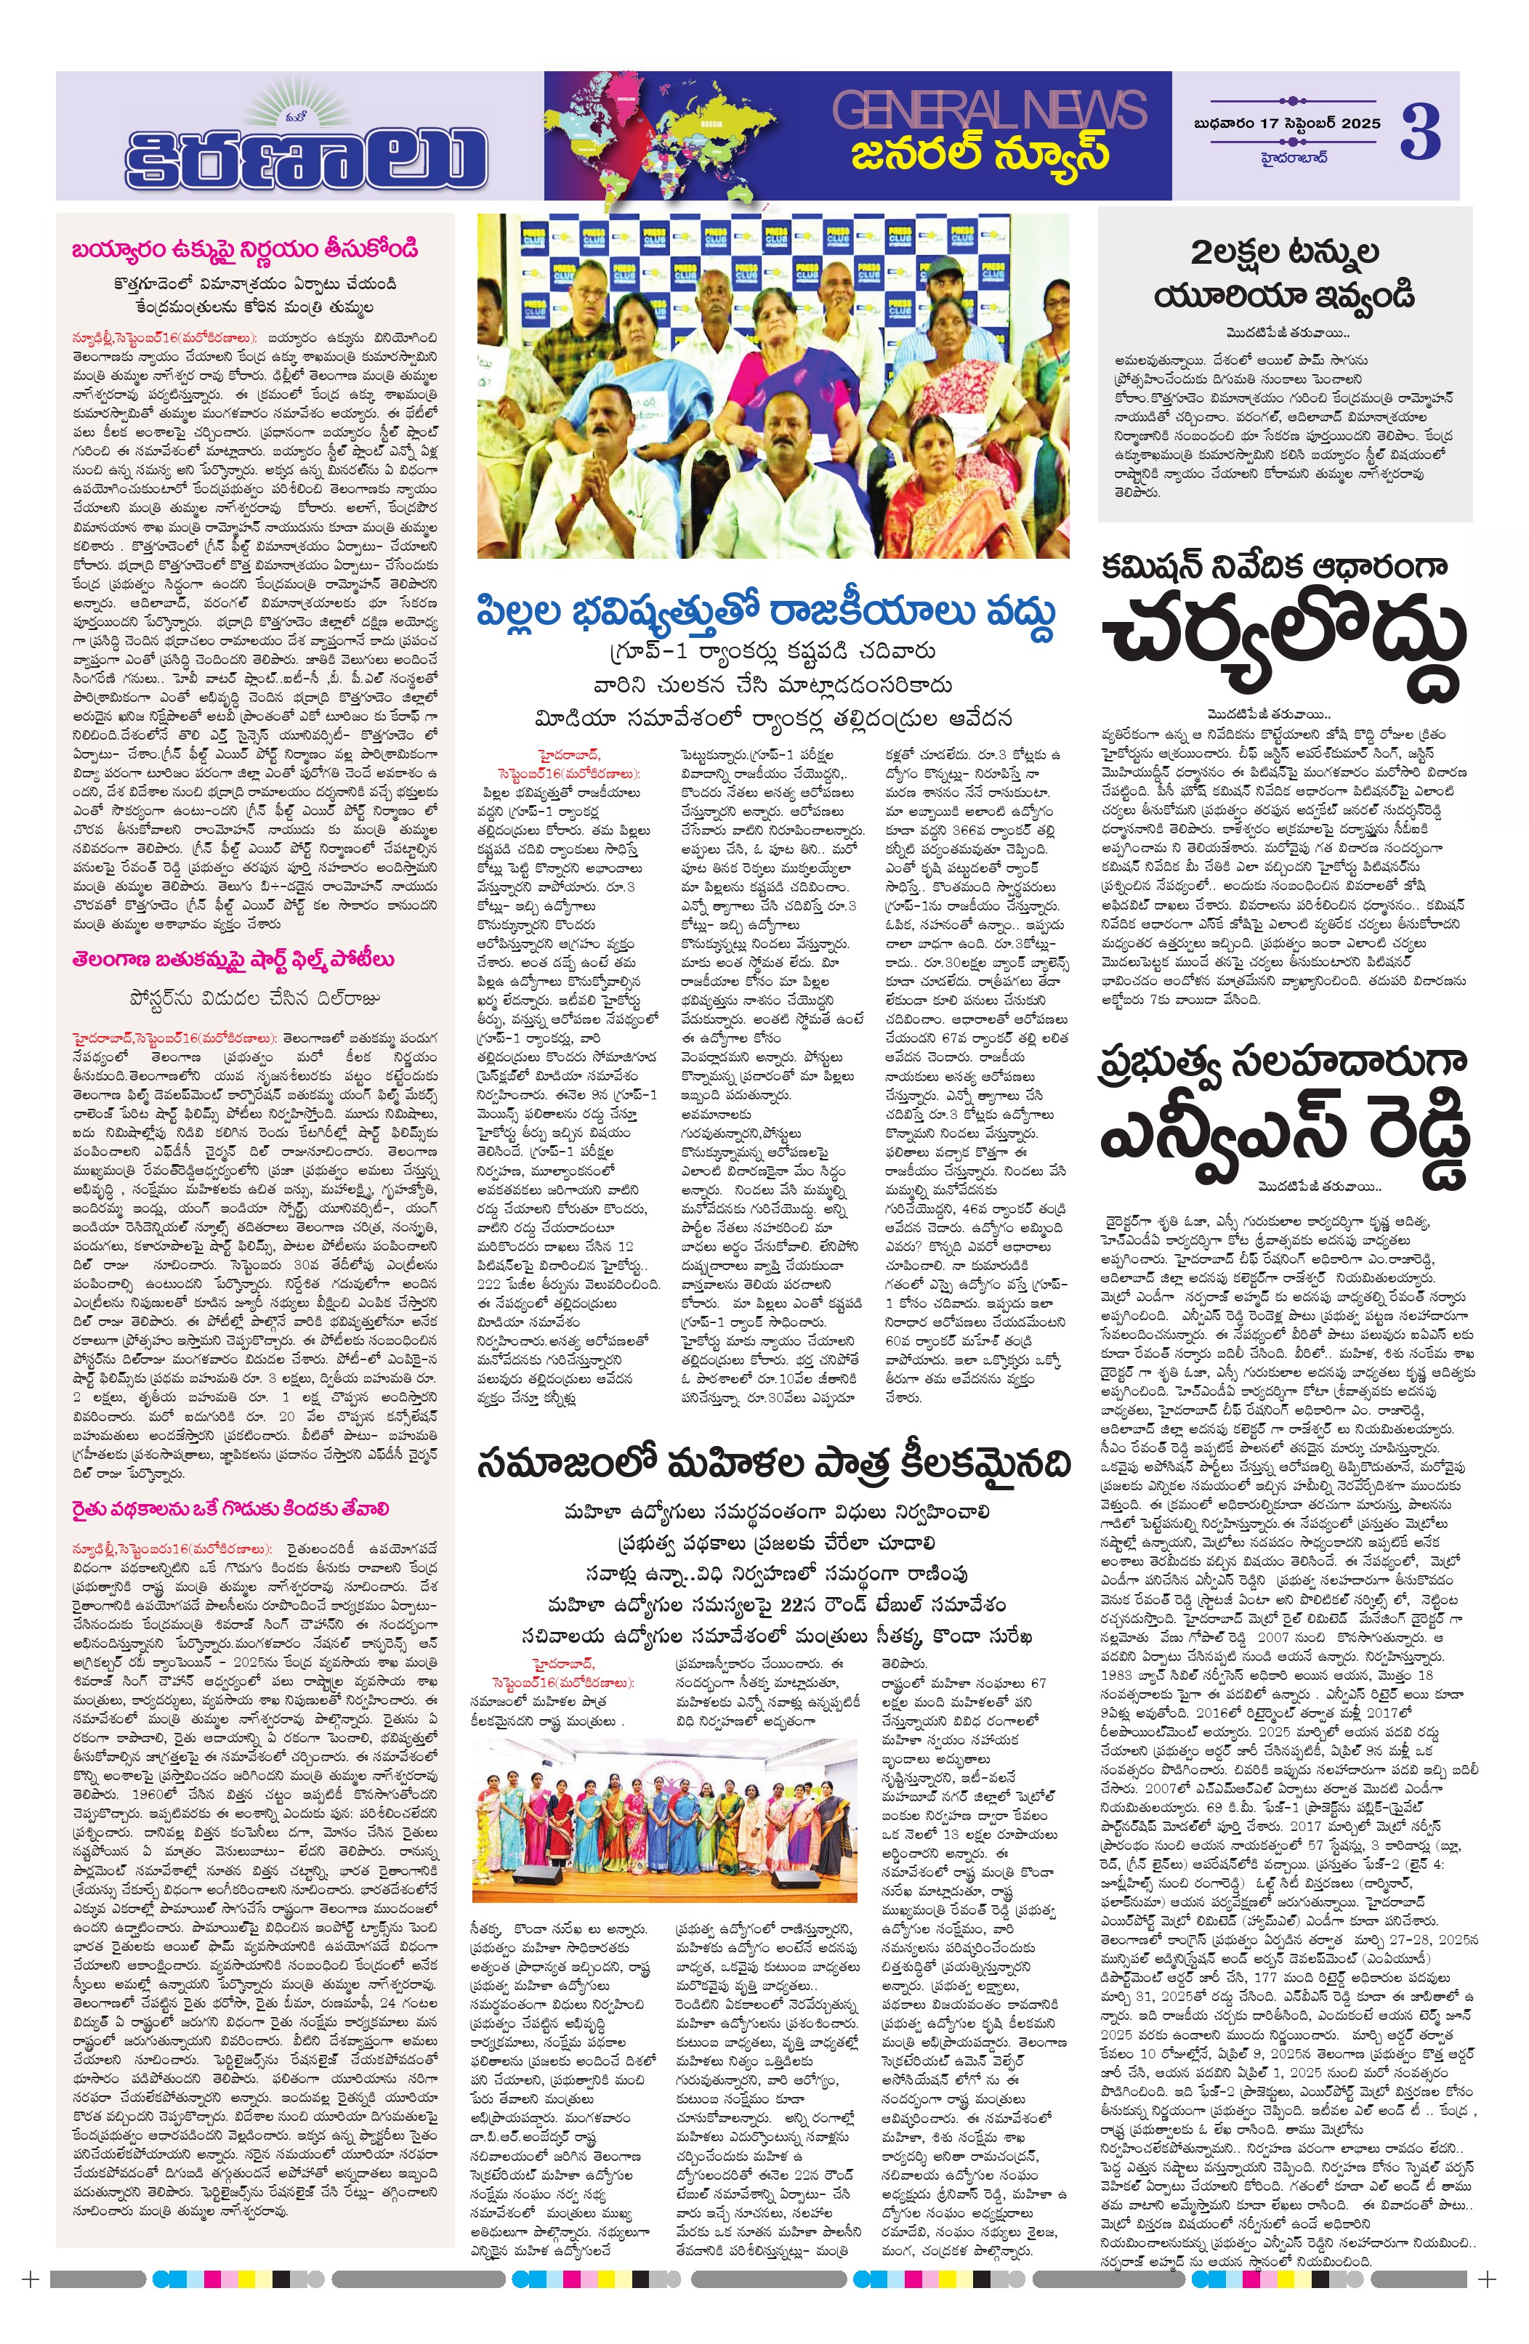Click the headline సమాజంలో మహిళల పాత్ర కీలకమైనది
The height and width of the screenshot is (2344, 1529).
[x=772, y=1465]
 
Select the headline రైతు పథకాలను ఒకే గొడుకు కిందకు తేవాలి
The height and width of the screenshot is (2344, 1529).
[x=230, y=1509]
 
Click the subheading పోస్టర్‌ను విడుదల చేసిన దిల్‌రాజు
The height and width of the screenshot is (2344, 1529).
[x=253, y=998]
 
